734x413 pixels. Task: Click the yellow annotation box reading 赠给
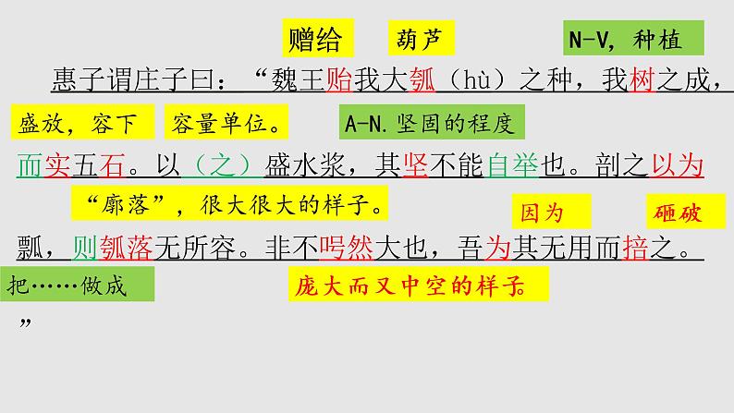click(x=315, y=40)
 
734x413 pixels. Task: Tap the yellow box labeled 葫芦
click(x=418, y=40)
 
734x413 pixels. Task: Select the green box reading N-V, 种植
click(x=633, y=40)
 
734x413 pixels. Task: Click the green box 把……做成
click(x=77, y=284)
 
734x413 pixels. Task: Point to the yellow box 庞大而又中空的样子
click(x=416, y=284)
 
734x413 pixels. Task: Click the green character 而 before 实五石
click(x=30, y=166)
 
